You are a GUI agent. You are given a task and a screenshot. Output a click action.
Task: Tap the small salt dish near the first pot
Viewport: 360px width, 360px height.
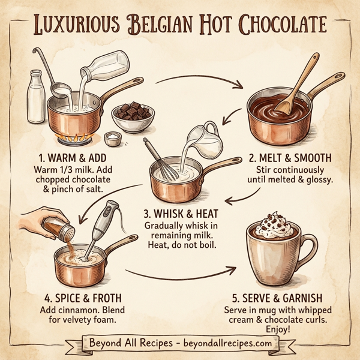(x=112, y=139)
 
